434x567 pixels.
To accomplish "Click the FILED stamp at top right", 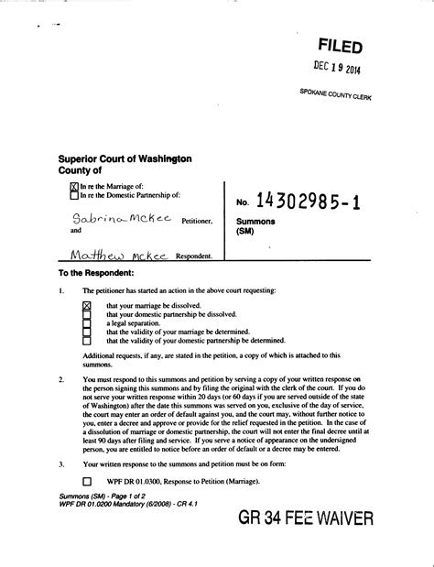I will tap(340, 46).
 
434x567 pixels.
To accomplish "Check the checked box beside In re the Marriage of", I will tap(74, 186).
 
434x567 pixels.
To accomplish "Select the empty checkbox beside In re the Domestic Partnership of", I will tap(74, 194).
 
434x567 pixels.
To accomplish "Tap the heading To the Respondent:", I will tap(96, 274).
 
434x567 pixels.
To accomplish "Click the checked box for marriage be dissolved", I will tap(87, 305).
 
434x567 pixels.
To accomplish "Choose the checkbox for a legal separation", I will tap(87, 323).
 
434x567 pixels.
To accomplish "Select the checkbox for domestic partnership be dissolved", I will tap(87, 314).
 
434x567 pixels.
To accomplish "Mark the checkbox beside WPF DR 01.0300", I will tap(87, 481).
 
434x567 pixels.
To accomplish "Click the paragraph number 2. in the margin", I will tap(60, 378).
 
